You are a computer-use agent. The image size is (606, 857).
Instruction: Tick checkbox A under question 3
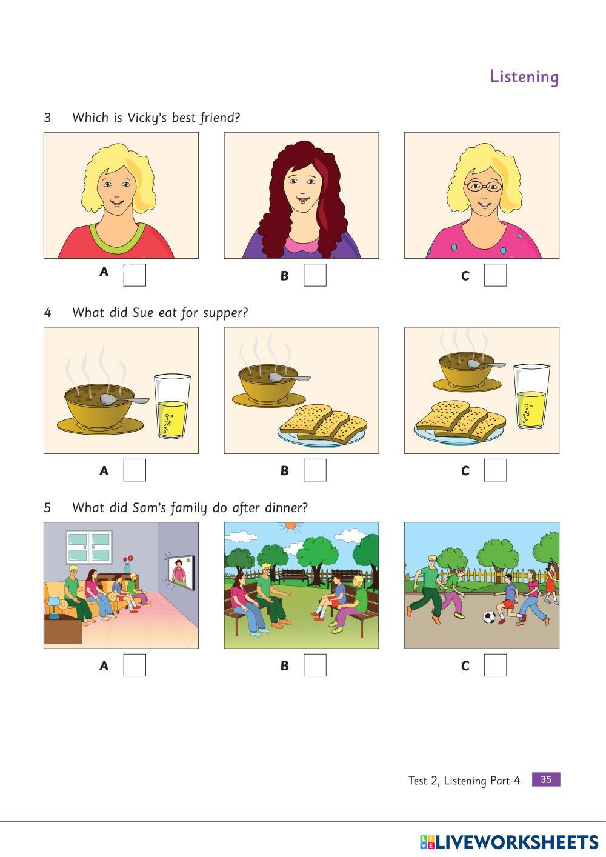[x=135, y=275]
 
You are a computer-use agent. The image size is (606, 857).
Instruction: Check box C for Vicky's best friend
[x=495, y=275]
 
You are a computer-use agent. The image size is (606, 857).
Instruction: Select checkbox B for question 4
[x=315, y=470]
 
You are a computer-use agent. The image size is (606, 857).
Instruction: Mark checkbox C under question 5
[x=495, y=665]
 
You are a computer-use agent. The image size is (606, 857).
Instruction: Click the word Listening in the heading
[x=524, y=76]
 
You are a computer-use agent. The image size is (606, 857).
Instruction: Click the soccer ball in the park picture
[x=489, y=617]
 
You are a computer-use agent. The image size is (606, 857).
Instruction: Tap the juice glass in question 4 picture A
[x=171, y=406]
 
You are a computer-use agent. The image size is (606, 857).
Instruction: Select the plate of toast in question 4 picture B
[x=323, y=427]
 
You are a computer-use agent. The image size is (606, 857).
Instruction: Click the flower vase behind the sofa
[x=128, y=564]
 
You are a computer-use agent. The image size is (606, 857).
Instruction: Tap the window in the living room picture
[x=89, y=547]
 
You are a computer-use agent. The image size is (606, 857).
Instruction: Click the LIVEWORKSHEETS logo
[x=509, y=842]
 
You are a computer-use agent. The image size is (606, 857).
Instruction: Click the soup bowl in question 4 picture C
[x=467, y=372]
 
